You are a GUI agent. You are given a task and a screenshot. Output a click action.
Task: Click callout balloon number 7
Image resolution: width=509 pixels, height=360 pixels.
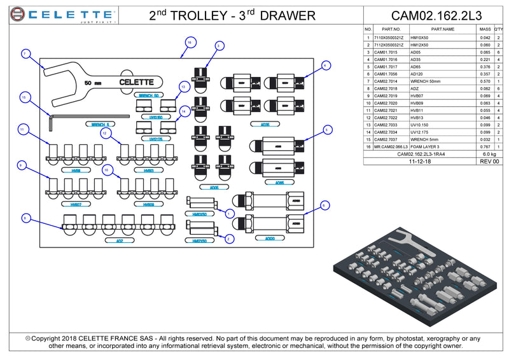click(x=25, y=54)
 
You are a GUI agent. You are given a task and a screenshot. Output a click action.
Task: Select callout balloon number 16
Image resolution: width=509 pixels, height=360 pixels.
click(x=189, y=43)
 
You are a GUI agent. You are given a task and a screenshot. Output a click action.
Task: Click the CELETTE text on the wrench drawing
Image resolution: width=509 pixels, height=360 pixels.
click(x=137, y=81)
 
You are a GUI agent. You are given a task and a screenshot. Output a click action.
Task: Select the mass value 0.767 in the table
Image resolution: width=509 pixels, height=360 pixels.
click(x=485, y=147)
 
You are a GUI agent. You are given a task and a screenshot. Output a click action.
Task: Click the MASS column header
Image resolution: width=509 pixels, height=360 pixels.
click(x=485, y=29)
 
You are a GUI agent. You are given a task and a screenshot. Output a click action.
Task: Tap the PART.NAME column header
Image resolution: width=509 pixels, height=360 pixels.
click(x=443, y=29)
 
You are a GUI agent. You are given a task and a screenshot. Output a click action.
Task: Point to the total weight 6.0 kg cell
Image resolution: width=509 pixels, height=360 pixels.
click(x=489, y=155)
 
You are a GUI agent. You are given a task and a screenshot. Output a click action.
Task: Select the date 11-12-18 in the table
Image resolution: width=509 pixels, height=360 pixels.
click(x=421, y=162)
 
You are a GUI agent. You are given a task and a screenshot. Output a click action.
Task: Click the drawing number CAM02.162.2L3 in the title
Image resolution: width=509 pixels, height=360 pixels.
click(x=436, y=15)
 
